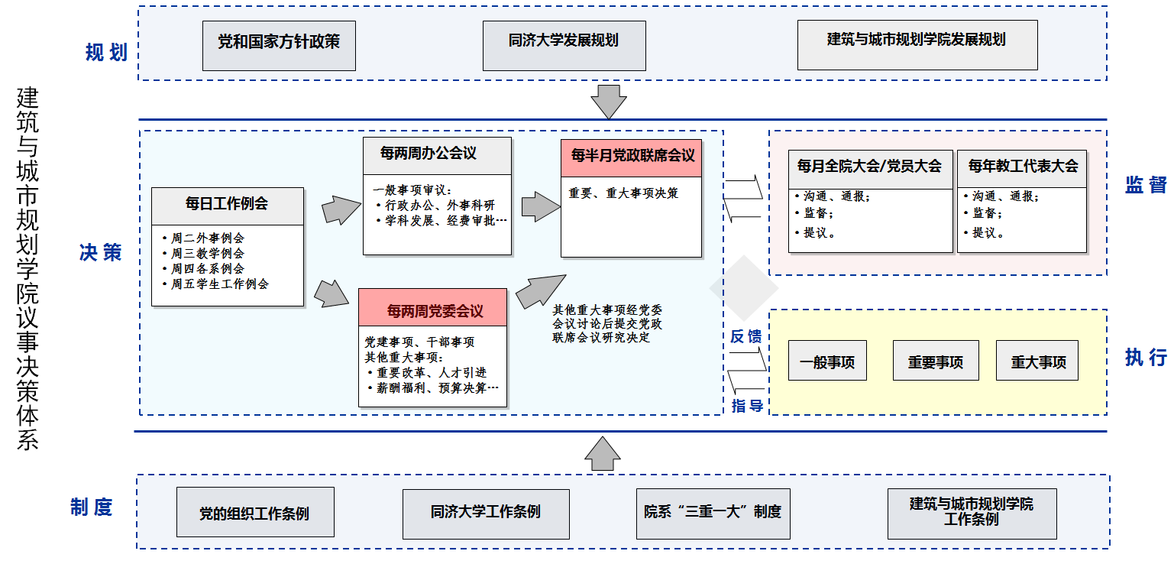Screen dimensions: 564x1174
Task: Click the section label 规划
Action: click(106, 53)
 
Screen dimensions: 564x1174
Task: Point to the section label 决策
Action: click(100, 253)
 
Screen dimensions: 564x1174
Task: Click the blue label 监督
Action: click(1145, 185)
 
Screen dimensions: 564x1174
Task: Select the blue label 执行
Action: click(1145, 357)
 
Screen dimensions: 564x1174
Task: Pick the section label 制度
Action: click(92, 507)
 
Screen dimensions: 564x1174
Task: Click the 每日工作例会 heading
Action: click(227, 205)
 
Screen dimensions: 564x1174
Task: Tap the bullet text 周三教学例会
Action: click(208, 253)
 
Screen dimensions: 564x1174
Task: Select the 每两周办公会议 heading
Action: click(429, 154)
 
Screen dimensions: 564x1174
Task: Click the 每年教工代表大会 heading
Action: click(1023, 167)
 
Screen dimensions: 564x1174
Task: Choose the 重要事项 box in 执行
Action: click(935, 362)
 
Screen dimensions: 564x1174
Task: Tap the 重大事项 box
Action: click(1038, 362)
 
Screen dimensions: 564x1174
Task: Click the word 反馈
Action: click(745, 336)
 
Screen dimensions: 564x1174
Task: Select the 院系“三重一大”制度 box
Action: click(713, 512)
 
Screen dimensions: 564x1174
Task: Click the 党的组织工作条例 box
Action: click(254, 512)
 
